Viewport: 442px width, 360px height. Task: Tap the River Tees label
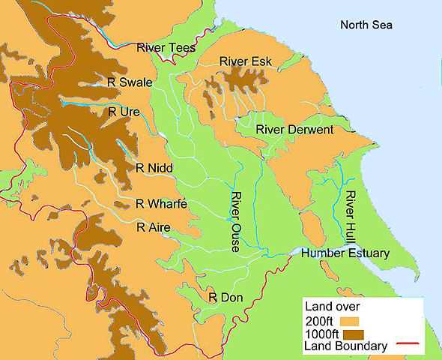coord(166,48)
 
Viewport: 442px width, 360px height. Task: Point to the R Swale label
coord(130,82)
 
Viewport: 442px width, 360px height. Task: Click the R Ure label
coord(124,112)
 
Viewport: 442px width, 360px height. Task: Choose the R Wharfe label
coord(160,203)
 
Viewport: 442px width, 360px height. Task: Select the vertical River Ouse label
coord(235,222)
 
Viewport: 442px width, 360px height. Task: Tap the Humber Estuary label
coord(345,253)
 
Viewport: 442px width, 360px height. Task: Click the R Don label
coord(225,298)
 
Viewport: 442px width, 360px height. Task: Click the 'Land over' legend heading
coord(328,306)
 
